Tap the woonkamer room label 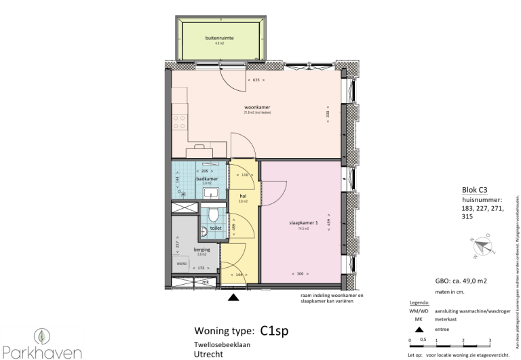(x=258, y=107)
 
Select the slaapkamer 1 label (x=298, y=222)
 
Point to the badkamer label (x=206, y=179)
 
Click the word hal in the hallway (x=242, y=195)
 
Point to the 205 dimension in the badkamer (x=206, y=171)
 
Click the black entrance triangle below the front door (x=235, y=296)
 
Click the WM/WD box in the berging (x=181, y=263)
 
